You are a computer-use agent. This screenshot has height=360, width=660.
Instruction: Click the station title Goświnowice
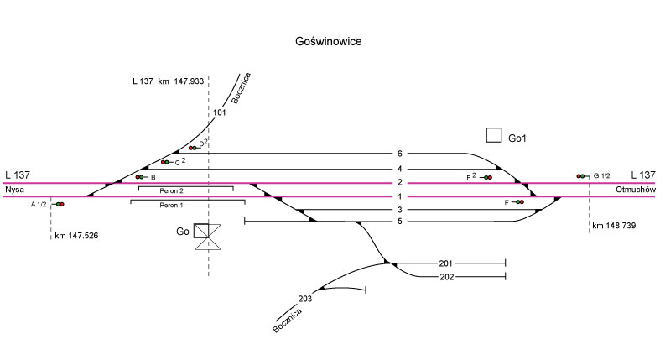329,40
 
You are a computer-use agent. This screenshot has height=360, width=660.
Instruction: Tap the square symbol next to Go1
494,135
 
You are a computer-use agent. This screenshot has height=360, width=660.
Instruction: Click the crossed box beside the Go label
209,237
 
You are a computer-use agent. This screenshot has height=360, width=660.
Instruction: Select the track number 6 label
400,154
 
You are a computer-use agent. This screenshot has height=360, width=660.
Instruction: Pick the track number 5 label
400,222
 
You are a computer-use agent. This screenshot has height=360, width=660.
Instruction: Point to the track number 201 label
445,263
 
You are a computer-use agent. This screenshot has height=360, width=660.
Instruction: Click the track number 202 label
445,276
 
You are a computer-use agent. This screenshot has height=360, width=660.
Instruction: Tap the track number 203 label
304,298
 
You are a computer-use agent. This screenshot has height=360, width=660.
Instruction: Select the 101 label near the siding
220,112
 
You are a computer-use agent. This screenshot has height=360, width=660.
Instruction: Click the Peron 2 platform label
184,191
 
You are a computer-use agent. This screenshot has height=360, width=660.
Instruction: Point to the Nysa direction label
15,190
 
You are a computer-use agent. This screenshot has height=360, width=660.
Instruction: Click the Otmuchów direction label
634,190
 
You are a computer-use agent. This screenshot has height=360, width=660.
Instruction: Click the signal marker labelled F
519,202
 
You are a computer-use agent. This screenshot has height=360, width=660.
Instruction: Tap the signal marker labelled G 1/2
580,175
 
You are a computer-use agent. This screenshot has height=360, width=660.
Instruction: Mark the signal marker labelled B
139,177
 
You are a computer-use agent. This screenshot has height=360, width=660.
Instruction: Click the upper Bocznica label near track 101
242,87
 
